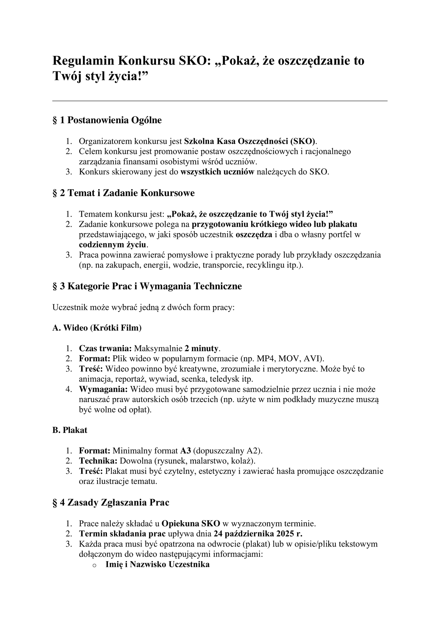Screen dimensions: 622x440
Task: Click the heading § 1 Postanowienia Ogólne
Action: pyautogui.click(x=107, y=120)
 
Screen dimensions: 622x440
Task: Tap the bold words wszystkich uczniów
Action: pyautogui.click(x=217, y=172)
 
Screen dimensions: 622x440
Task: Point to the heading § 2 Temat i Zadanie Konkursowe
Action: pyautogui.click(x=124, y=193)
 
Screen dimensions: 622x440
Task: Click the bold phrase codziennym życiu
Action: pyautogui.click(x=113, y=244)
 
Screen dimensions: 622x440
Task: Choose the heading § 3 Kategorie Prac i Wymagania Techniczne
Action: pyautogui.click(x=147, y=286)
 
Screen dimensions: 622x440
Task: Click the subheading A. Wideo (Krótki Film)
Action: pyautogui.click(x=97, y=328)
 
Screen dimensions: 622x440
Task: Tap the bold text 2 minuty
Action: pyautogui.click(x=202, y=348)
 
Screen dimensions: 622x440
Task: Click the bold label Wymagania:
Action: pyautogui.click(x=103, y=389)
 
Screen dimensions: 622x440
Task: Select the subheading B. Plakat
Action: pyautogui.click(x=70, y=430)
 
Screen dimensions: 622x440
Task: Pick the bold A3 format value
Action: pyautogui.click(x=185, y=451)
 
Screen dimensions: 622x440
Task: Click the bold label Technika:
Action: pyautogui.click(x=98, y=461)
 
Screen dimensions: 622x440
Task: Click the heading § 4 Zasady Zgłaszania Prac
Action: pyautogui.click(x=111, y=503)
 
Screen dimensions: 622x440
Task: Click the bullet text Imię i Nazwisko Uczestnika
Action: pyautogui.click(x=157, y=564)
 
